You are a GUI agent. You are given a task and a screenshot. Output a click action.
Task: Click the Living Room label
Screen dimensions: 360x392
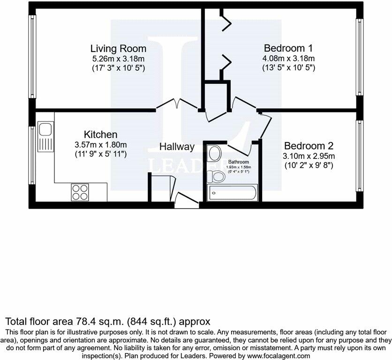(118, 49)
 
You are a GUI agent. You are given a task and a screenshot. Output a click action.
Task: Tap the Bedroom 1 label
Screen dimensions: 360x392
(288, 48)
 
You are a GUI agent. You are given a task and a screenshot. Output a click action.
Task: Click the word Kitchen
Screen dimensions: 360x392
(100, 135)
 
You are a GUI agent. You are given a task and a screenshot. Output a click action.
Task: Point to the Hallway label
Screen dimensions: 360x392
(177, 147)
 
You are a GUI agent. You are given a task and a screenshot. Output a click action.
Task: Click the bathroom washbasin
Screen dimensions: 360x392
(215, 153)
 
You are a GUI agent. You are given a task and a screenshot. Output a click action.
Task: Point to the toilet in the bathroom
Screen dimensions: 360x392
(217, 176)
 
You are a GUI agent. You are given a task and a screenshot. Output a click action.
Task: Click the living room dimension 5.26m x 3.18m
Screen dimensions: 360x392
(118, 59)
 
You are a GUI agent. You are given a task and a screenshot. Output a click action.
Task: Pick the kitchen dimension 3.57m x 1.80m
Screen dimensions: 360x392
(100, 144)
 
